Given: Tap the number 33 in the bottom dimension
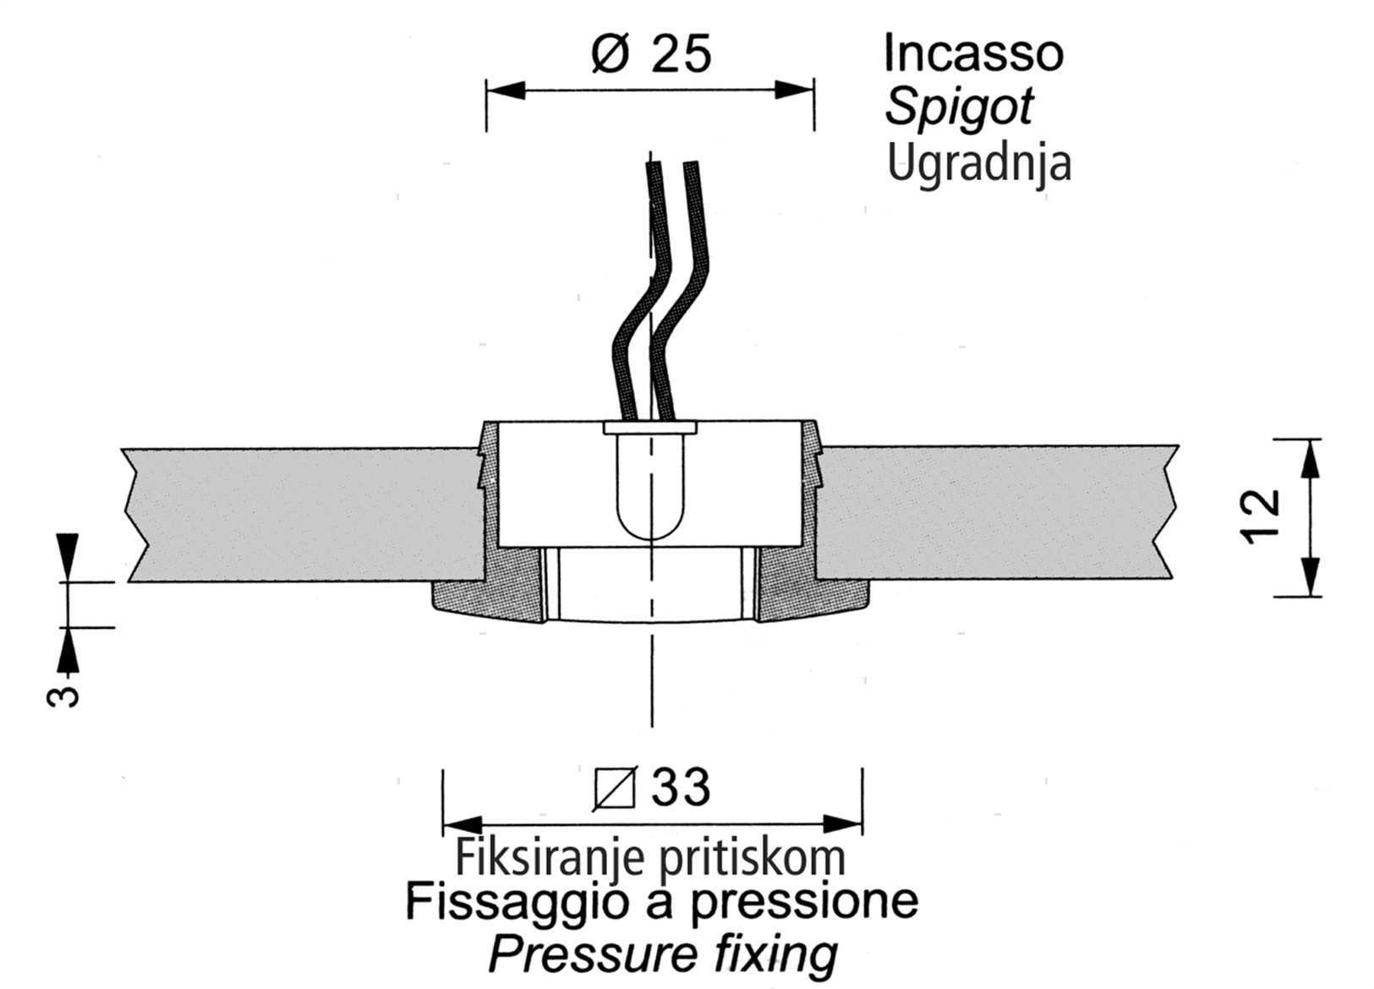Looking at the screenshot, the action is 681,787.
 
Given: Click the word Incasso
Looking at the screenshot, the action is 973,53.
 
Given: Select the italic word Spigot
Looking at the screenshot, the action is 960,108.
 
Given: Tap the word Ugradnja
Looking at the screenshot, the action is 979,164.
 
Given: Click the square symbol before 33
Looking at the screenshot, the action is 616,788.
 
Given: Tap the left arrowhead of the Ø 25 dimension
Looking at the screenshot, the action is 506,90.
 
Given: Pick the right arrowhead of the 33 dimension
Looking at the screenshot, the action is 842,824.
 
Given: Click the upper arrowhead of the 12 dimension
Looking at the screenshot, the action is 1311,459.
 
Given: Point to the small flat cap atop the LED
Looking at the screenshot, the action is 650,428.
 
